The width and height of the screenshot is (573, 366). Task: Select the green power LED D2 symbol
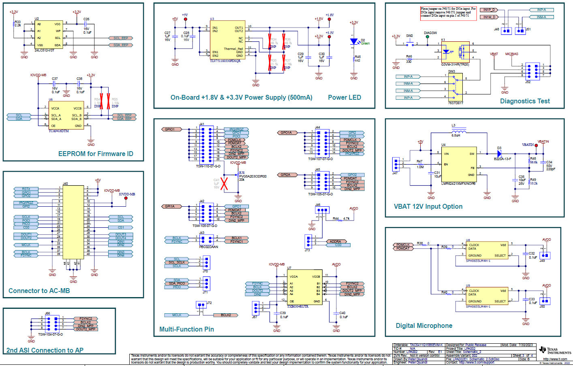354,41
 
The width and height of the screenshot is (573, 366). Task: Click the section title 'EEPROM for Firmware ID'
96,154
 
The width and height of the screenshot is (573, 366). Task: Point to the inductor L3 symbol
458,131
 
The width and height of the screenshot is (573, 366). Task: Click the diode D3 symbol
499,154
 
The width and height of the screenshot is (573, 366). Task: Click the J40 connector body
73,222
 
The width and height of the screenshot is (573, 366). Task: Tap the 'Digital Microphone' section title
424,325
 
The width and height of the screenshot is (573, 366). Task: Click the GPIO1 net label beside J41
170,129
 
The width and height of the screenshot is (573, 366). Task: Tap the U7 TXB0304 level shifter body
304,287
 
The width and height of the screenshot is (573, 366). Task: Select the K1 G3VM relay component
455,51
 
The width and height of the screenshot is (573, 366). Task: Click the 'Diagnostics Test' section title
525,101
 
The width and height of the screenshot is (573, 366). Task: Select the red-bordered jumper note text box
448,12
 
